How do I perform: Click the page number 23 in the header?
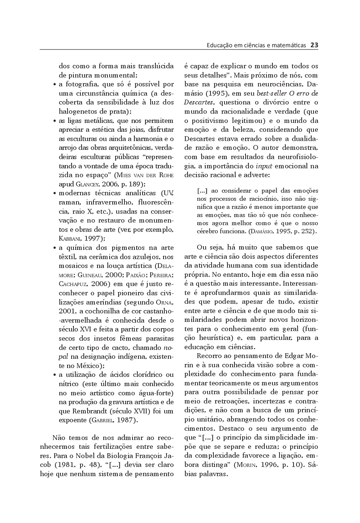(314, 45)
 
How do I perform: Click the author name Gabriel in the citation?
(102, 420)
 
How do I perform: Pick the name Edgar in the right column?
(294, 356)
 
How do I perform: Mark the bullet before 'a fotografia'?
(55, 85)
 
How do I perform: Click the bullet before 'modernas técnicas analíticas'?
(55, 193)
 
